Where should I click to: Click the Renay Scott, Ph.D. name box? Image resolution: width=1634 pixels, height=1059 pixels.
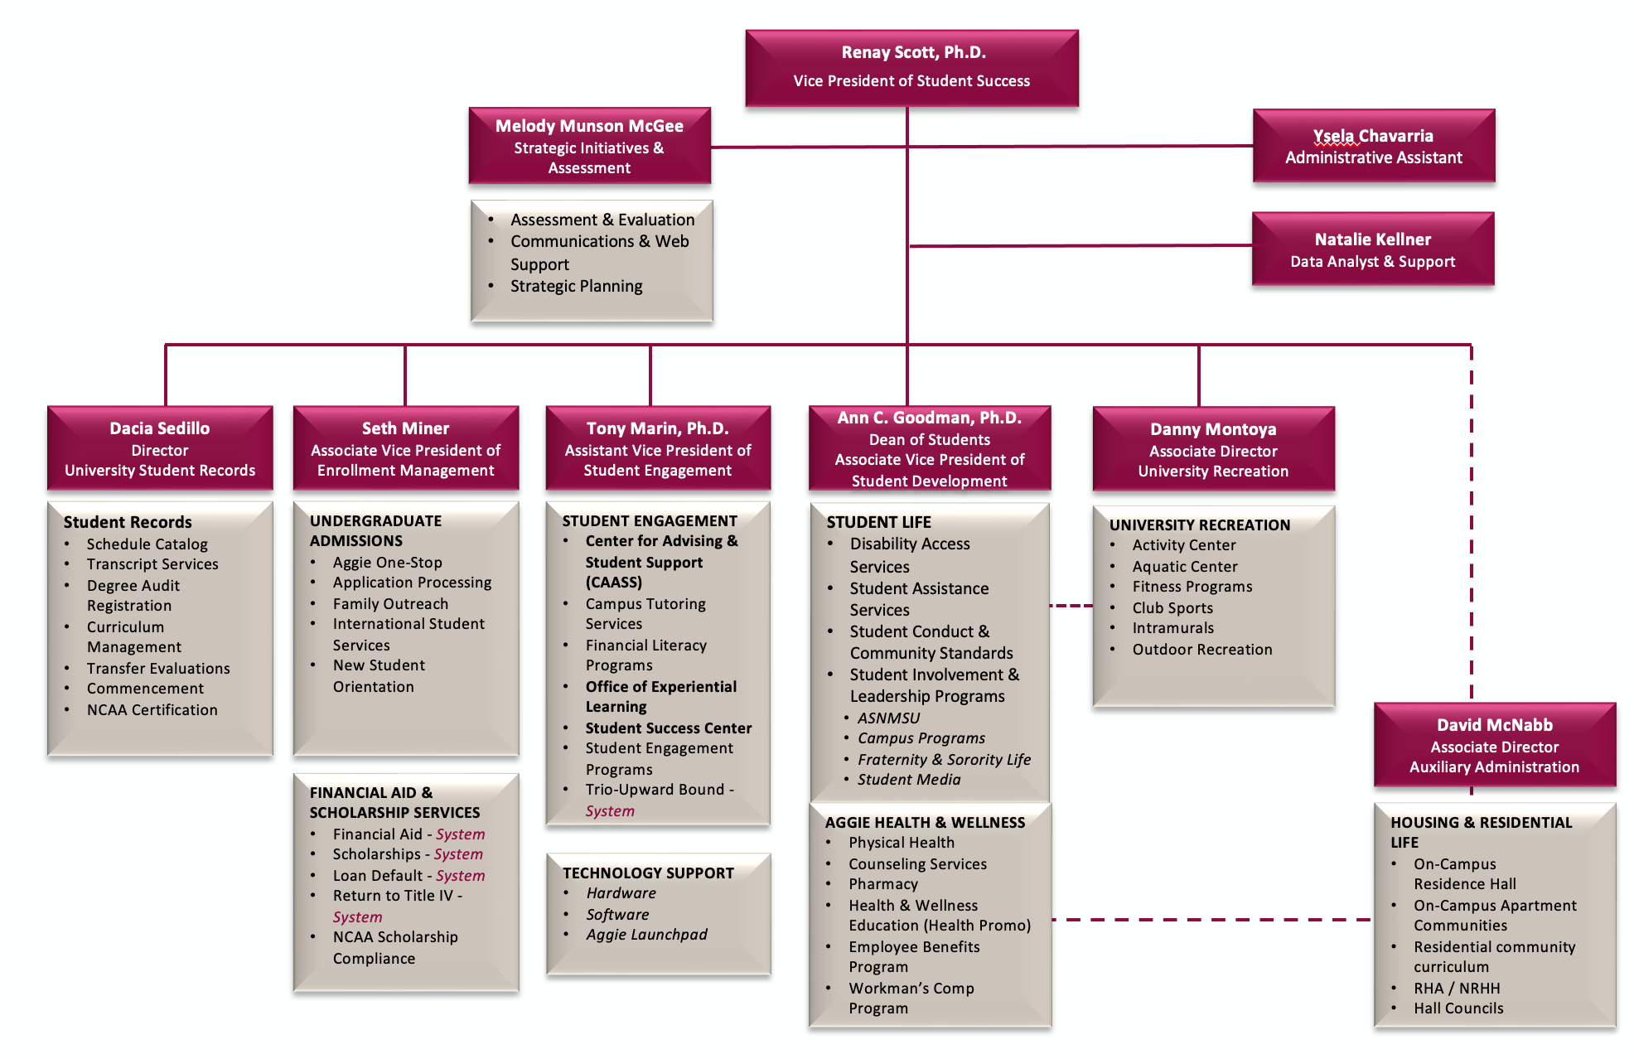[x=911, y=67]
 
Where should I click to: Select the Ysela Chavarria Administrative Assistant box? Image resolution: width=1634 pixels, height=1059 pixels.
[x=1373, y=146]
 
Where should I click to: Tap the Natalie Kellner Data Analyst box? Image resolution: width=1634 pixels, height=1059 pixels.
[x=1372, y=249]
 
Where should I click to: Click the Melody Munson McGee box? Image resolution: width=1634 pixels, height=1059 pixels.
[x=589, y=146]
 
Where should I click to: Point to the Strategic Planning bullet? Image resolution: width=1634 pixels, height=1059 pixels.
[x=576, y=286]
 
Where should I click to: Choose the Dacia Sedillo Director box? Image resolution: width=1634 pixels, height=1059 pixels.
[x=160, y=448]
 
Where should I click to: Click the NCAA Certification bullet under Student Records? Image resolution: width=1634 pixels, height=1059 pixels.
[x=152, y=710]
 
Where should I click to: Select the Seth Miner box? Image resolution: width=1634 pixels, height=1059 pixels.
[x=406, y=448]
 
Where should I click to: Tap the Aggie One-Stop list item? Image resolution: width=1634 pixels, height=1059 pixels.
[x=387, y=563]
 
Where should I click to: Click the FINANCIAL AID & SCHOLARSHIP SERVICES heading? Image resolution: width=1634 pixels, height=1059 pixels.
[x=394, y=802]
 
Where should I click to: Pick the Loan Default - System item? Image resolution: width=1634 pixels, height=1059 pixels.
[x=408, y=876]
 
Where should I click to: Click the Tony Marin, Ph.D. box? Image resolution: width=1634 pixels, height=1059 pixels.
[x=658, y=448]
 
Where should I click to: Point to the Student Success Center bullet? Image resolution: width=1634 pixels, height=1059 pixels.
[x=668, y=728]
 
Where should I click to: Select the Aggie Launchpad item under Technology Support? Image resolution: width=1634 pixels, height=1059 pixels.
[x=646, y=935]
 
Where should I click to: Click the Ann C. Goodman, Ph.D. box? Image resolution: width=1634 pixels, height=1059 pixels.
[x=929, y=448]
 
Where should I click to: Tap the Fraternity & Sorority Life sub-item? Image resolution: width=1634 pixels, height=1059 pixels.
[x=944, y=760]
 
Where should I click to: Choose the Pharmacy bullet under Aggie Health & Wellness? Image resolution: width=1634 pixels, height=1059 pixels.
[x=882, y=884]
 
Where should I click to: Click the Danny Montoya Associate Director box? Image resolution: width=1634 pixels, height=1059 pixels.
[x=1213, y=449]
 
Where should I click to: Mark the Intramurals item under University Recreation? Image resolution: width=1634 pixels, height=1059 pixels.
[x=1172, y=628]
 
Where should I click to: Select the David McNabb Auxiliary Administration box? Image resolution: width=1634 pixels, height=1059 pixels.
[x=1494, y=745]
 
